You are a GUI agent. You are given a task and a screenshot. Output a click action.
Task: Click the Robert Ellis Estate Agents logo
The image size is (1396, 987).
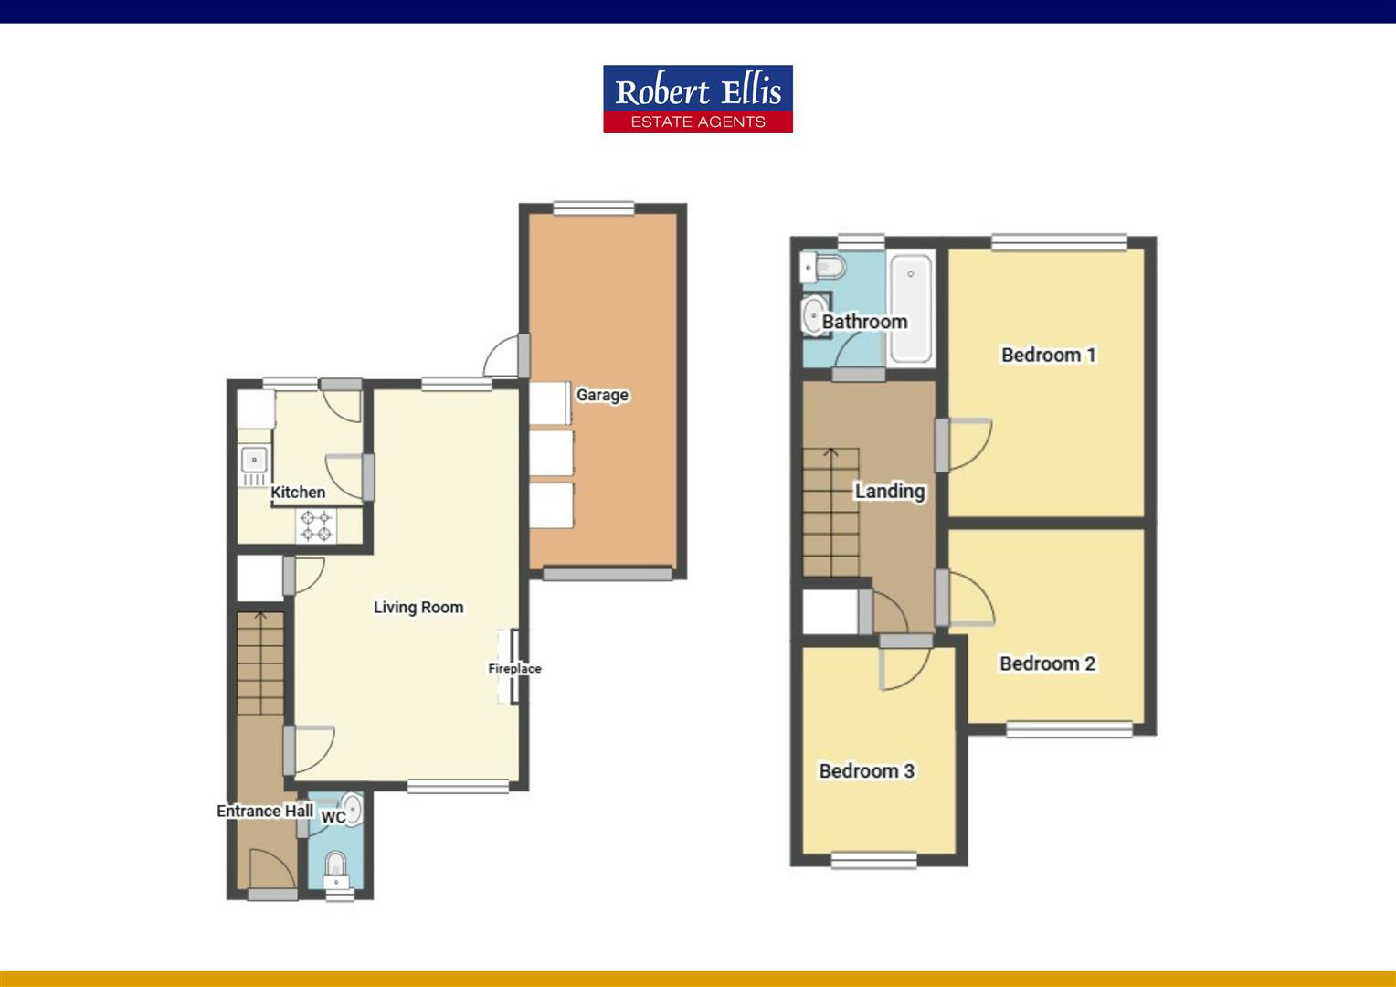(x=697, y=99)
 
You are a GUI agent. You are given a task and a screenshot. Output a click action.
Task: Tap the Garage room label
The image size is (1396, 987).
(x=602, y=395)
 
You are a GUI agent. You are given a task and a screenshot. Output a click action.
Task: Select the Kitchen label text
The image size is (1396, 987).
(x=298, y=492)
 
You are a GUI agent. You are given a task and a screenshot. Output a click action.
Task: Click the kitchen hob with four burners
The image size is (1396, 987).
(x=316, y=525)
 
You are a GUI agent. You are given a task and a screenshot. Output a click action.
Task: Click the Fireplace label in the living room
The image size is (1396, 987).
(x=514, y=668)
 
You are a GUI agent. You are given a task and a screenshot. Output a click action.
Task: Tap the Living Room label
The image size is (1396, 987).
(x=418, y=607)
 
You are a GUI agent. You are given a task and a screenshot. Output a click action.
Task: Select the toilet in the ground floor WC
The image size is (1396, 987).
(x=336, y=865)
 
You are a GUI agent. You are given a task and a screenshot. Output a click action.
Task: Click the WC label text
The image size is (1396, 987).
(x=333, y=816)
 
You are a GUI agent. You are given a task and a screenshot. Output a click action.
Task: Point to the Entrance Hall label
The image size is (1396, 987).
(x=265, y=811)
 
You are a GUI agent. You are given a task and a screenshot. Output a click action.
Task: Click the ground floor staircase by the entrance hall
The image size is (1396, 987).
(x=260, y=663)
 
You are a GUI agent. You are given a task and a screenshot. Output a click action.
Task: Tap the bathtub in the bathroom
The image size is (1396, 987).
(x=910, y=307)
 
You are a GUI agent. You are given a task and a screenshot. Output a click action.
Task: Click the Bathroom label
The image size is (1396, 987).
(x=864, y=322)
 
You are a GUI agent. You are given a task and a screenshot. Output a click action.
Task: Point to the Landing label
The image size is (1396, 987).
(x=889, y=491)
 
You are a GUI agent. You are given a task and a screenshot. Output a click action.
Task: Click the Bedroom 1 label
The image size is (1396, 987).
(x=1048, y=355)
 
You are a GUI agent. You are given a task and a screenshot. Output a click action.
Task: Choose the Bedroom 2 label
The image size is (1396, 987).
(x=1047, y=663)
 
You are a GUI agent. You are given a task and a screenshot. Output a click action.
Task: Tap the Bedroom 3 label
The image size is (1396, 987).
(x=866, y=770)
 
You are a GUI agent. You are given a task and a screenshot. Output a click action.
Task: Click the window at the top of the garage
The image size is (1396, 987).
(x=594, y=207)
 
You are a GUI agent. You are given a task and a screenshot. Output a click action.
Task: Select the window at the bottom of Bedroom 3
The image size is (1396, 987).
(x=874, y=859)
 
